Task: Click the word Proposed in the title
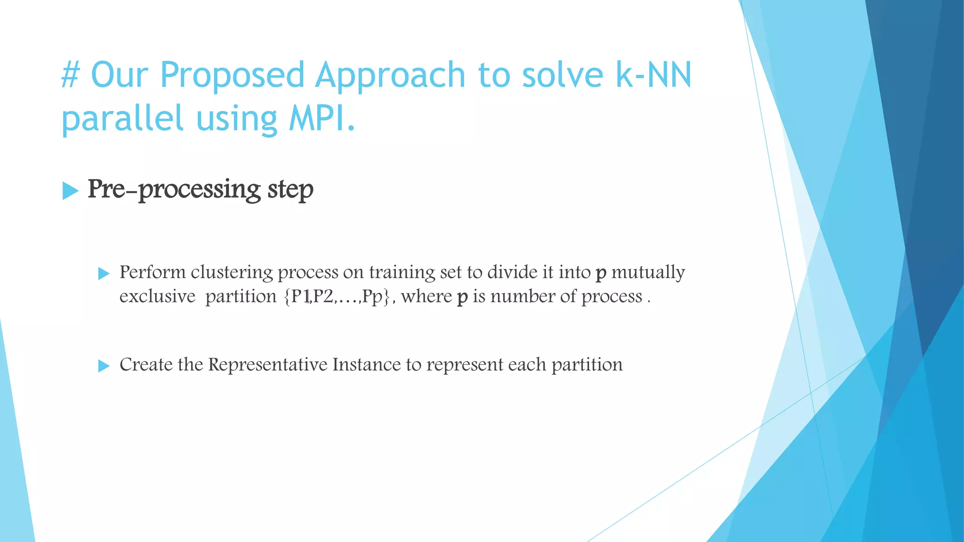(x=232, y=75)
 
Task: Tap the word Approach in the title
(x=390, y=75)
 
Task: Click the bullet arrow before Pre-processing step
(x=70, y=191)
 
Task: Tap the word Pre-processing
(x=174, y=190)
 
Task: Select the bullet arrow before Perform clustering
(x=104, y=273)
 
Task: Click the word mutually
(x=648, y=273)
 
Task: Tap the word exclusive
(x=157, y=297)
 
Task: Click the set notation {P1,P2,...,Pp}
(x=337, y=297)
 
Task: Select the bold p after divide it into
(x=601, y=274)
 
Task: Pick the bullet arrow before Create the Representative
(x=104, y=366)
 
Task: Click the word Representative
(x=268, y=365)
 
